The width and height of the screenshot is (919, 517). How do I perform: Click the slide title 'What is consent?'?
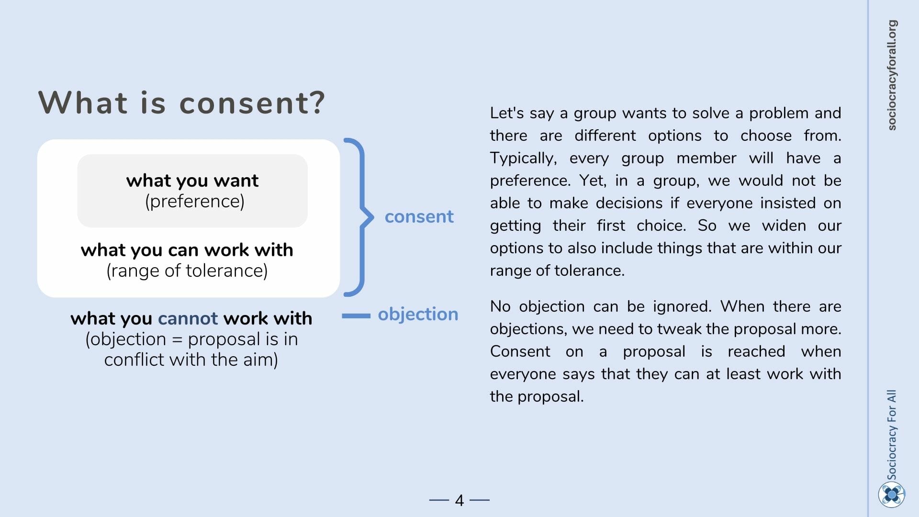[182, 102]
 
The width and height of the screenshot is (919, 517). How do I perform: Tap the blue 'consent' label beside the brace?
[419, 216]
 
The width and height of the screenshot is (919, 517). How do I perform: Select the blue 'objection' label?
[418, 314]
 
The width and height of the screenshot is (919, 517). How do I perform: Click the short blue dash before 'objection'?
[356, 316]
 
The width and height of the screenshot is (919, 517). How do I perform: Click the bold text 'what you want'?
[192, 180]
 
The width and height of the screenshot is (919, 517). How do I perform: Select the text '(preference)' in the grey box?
[195, 202]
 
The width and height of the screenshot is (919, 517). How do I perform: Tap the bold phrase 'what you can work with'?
[187, 250]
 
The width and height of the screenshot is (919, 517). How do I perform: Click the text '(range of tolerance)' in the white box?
[187, 271]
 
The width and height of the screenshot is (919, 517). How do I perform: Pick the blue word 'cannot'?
[188, 318]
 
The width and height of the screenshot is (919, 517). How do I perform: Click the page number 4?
[459, 500]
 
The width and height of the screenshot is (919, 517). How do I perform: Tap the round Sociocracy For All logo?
[892, 495]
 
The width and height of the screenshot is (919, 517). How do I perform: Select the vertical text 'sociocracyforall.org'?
[892, 75]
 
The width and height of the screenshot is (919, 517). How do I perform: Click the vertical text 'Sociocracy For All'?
[892, 435]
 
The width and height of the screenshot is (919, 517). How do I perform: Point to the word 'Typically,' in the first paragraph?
[523, 158]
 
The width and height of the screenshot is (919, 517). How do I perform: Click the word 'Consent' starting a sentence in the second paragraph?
[520, 351]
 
